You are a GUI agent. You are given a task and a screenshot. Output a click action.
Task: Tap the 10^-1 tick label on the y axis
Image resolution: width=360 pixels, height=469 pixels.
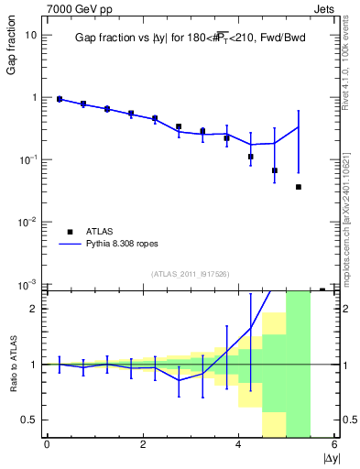(29, 159)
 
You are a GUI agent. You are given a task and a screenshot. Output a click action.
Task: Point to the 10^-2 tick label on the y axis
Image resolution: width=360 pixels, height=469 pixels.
(29, 222)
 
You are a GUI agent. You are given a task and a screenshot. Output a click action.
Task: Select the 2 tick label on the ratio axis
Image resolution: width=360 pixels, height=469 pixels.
(35, 309)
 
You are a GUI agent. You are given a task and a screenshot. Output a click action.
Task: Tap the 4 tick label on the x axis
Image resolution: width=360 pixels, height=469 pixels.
(239, 445)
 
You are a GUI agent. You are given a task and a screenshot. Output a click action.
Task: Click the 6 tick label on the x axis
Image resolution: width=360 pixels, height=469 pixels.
(335, 445)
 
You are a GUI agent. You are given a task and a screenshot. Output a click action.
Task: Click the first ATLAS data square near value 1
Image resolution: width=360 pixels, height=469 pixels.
(60, 99)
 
